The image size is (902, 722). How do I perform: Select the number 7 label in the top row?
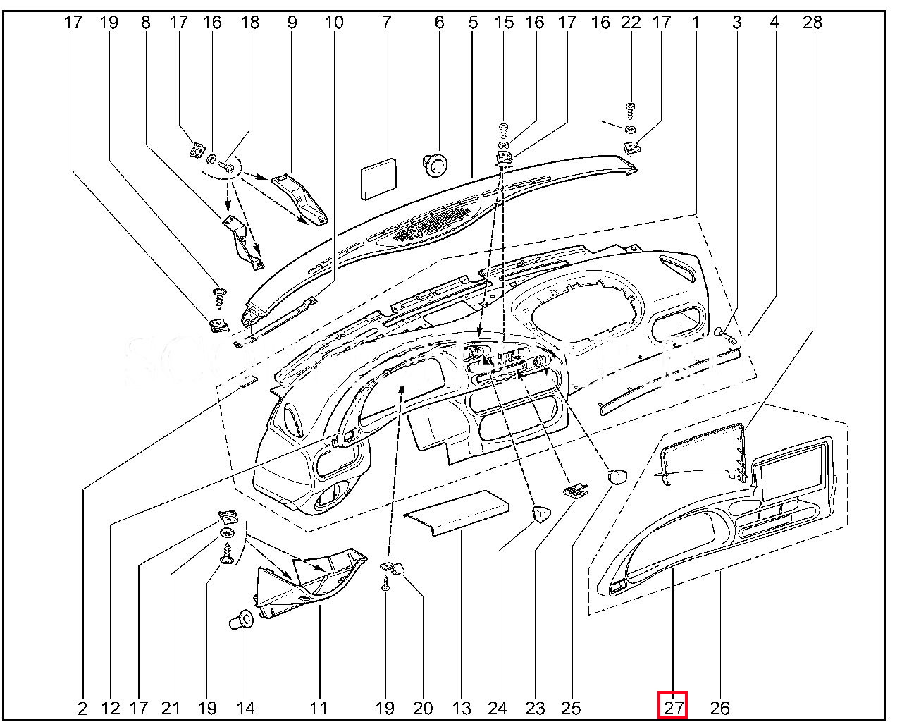386,22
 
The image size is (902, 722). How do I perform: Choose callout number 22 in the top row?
631,22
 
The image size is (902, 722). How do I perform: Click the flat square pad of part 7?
378,178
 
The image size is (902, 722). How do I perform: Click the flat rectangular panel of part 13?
456,513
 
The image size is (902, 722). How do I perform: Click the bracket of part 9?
300,200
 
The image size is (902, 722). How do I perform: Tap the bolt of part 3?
726,336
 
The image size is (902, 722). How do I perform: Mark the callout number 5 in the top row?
473,22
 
